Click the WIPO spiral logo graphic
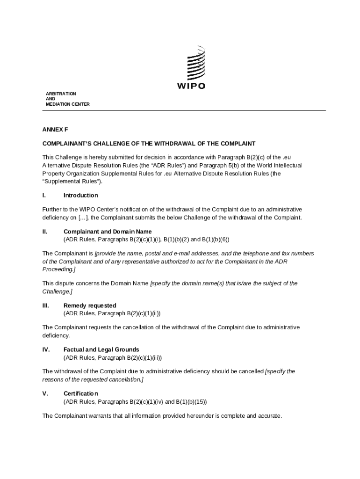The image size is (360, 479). [x=196, y=64]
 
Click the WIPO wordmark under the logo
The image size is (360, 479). [x=191, y=86]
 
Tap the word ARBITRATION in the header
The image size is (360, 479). [x=61, y=94]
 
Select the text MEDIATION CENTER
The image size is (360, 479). [x=67, y=104]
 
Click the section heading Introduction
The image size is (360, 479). [x=80, y=195]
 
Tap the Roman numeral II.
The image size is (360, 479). [x=45, y=232]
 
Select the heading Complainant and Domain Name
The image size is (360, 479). [x=108, y=232]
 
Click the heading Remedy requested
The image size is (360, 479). [x=89, y=305]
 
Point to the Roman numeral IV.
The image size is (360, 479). [x=46, y=349]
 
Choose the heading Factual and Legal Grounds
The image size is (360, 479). [x=101, y=349]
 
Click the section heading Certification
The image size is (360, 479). [x=80, y=393]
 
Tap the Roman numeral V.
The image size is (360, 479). [x=45, y=393]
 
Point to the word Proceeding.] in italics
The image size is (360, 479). [x=59, y=270]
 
